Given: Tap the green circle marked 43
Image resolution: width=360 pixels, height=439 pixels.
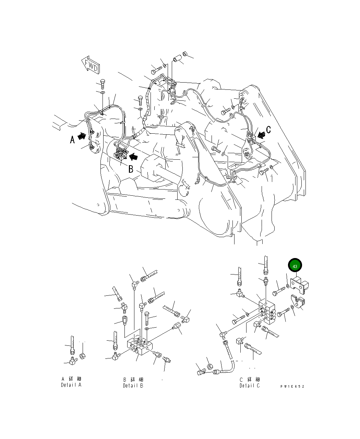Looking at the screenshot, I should point(295,266).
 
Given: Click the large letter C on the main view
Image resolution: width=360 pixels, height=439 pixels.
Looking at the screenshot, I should point(268,130).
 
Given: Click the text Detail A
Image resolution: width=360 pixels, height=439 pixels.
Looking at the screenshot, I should point(71,385).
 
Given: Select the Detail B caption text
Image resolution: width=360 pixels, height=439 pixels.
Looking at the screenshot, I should point(133,386).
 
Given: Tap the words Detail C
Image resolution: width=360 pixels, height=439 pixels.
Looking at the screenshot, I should point(250,386).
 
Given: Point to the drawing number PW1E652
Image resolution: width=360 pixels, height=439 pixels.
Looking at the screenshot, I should point(292,386).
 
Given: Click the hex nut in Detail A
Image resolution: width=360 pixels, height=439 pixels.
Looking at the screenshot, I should point(82,356).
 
